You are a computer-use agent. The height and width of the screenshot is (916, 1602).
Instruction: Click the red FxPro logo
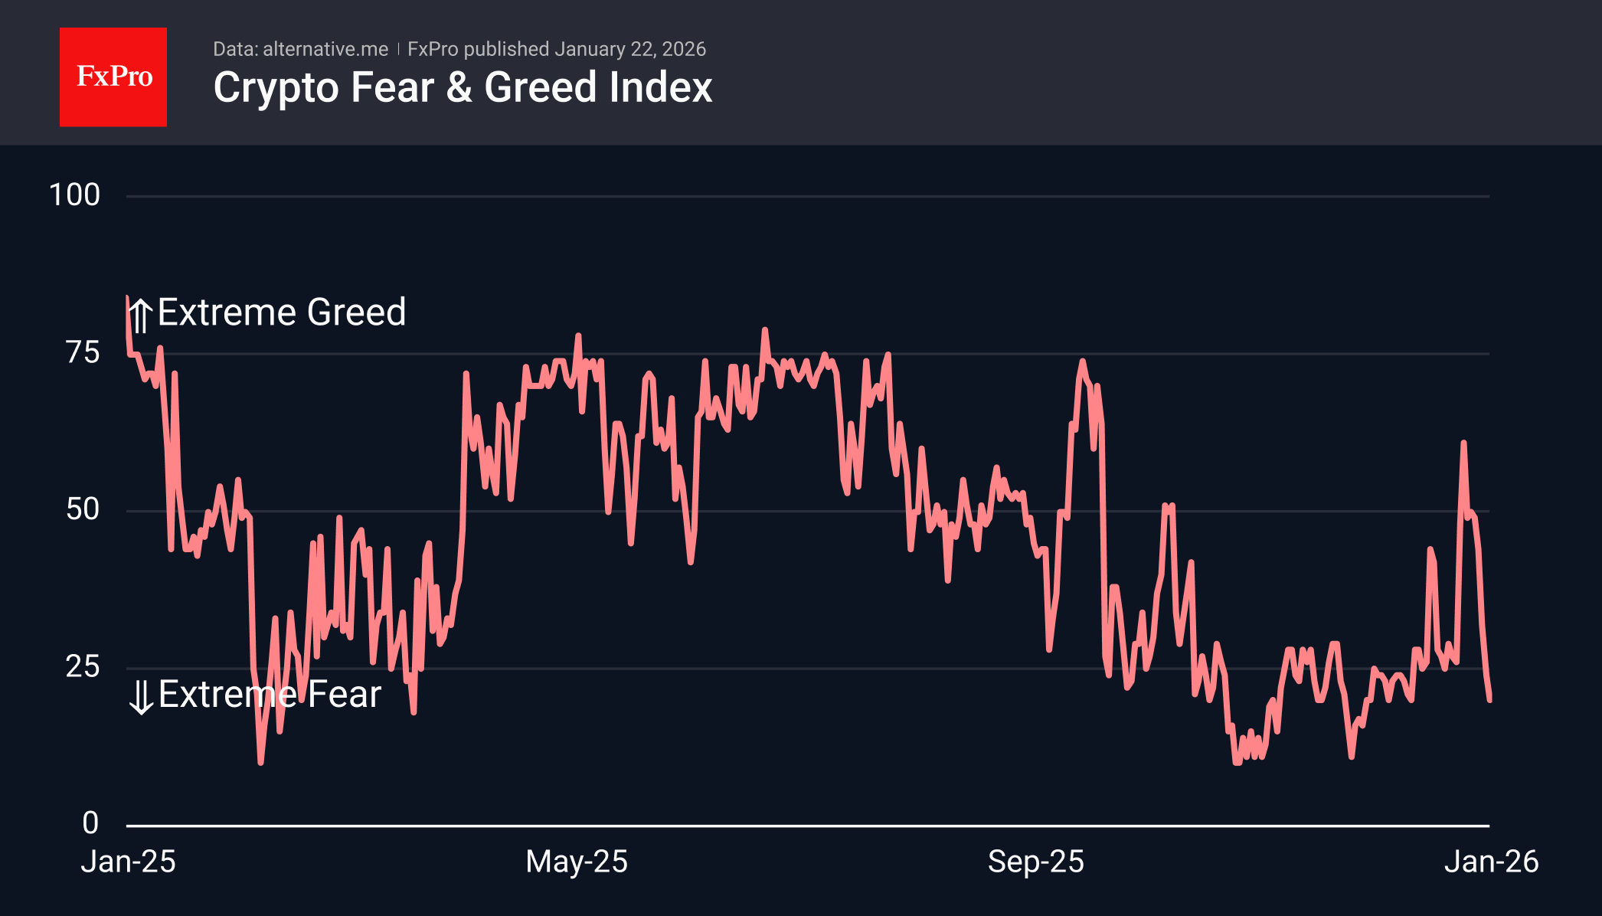click(113, 77)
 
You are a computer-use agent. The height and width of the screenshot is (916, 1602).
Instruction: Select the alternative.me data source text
click(325, 49)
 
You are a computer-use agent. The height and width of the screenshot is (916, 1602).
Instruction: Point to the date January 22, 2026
click(629, 49)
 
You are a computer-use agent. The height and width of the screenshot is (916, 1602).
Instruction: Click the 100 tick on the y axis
click(74, 195)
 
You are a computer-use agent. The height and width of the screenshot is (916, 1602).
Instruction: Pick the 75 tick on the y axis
click(83, 353)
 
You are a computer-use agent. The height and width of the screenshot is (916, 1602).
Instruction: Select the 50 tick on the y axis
click(83, 510)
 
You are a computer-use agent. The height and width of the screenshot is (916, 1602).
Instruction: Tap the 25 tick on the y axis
click(83, 667)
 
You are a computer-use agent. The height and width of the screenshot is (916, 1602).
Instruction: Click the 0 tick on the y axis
click(90, 823)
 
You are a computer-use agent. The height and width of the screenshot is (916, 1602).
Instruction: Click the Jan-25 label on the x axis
click(129, 862)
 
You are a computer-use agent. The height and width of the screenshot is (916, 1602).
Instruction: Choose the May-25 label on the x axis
click(577, 862)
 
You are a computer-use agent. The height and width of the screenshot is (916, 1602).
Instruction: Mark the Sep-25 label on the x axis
click(1035, 862)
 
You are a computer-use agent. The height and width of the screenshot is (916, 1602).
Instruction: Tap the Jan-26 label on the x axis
click(1491, 862)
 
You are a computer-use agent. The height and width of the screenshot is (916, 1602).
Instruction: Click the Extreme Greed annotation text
click(281, 312)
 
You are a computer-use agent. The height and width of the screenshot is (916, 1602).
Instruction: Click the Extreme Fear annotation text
click(270, 695)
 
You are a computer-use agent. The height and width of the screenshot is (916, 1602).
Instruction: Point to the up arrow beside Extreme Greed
click(140, 315)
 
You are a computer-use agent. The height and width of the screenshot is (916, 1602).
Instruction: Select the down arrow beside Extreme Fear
click(141, 697)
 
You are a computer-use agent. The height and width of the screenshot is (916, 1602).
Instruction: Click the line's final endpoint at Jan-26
click(1489, 699)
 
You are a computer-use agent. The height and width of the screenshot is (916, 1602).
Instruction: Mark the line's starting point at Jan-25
click(127, 298)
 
